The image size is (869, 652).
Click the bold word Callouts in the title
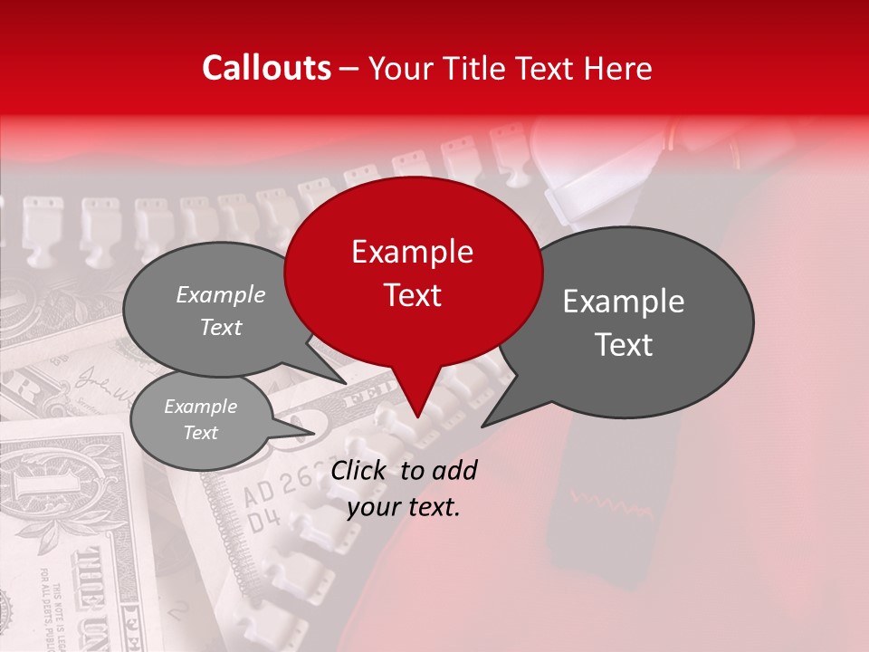266,68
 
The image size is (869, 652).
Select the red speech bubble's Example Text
412,273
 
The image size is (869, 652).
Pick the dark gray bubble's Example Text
624,322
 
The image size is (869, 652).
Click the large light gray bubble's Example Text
221,311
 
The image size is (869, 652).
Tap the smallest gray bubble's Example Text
200,419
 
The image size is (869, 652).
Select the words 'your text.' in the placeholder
404,507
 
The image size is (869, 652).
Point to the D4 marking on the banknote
262,520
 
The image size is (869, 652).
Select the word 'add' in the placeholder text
454,470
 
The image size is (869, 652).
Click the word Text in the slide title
542,68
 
